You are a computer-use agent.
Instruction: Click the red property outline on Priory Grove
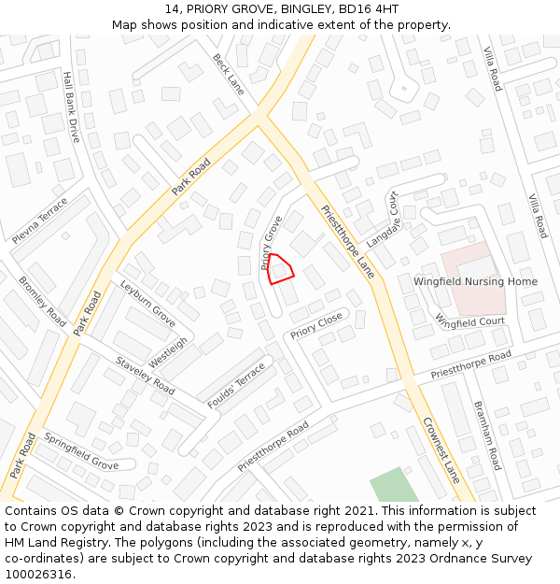(x=281, y=268)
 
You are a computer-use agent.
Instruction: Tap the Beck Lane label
(x=228, y=74)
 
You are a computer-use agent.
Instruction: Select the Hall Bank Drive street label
(x=71, y=107)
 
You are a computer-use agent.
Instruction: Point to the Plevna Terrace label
(x=40, y=221)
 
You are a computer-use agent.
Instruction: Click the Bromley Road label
(x=43, y=301)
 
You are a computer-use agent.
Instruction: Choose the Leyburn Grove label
(x=147, y=302)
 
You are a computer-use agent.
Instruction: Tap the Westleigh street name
(x=169, y=352)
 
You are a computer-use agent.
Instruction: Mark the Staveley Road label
(x=145, y=375)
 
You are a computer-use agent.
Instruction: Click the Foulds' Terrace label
(x=237, y=385)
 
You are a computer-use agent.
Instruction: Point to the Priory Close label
(x=316, y=325)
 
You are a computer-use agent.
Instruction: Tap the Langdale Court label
(x=383, y=219)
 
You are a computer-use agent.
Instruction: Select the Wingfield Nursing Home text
(x=475, y=281)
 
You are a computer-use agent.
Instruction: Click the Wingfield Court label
(x=469, y=320)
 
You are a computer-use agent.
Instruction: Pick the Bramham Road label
(x=488, y=435)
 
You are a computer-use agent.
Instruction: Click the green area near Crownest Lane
(x=394, y=485)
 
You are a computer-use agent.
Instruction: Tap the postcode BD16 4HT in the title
(x=366, y=9)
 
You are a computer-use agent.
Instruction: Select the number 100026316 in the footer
(x=38, y=574)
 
